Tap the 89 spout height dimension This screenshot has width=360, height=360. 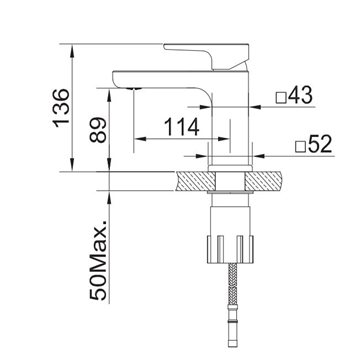98,130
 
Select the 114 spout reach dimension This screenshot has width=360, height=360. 182,127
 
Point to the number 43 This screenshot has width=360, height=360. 300,95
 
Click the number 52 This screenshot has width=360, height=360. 320,144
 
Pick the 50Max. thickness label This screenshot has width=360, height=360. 98,260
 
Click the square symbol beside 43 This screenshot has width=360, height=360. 281,98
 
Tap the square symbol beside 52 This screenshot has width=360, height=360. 301,147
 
